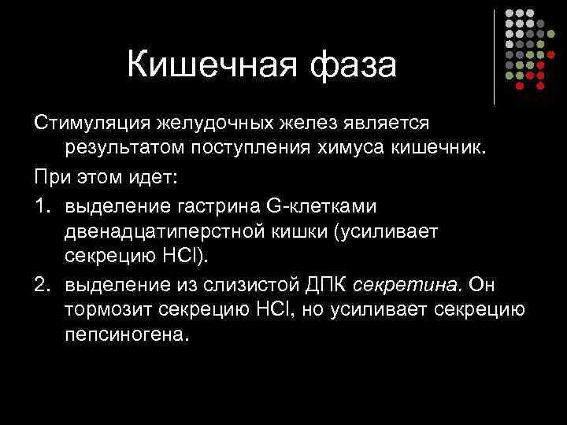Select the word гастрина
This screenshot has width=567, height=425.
coord(220,205)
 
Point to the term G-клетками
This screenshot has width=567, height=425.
coord(322,205)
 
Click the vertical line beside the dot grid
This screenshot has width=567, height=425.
coord(495,57)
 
